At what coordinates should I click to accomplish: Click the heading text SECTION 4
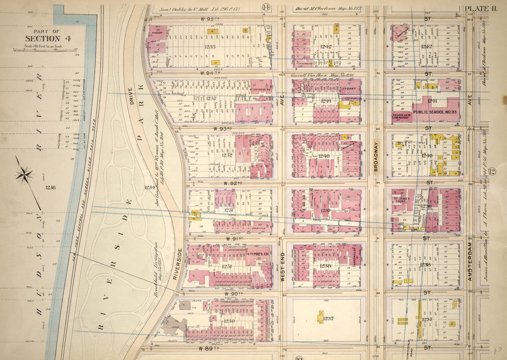coord(42,39)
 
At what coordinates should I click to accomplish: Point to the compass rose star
coord(24,174)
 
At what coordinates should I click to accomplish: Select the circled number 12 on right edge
coord(492,172)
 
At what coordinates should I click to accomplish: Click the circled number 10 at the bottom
coord(300,357)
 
